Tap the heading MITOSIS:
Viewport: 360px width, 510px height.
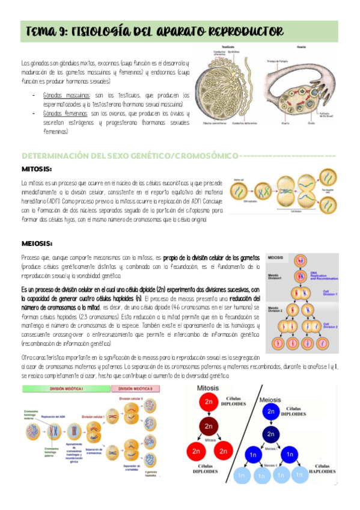point(37,169)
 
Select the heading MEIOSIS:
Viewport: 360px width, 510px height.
point(37,243)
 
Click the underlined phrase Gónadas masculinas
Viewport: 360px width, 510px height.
point(67,95)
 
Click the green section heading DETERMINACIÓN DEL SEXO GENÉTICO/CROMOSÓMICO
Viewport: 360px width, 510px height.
point(129,156)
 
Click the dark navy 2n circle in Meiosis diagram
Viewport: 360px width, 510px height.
point(272,433)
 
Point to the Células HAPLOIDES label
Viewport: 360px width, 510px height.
point(322,470)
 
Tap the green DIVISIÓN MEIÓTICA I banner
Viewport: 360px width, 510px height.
point(66,388)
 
